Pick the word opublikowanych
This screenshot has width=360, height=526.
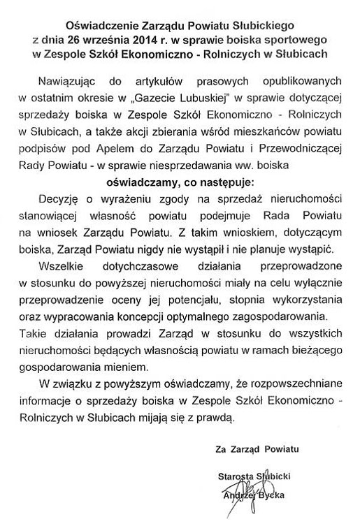(x=291, y=73)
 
